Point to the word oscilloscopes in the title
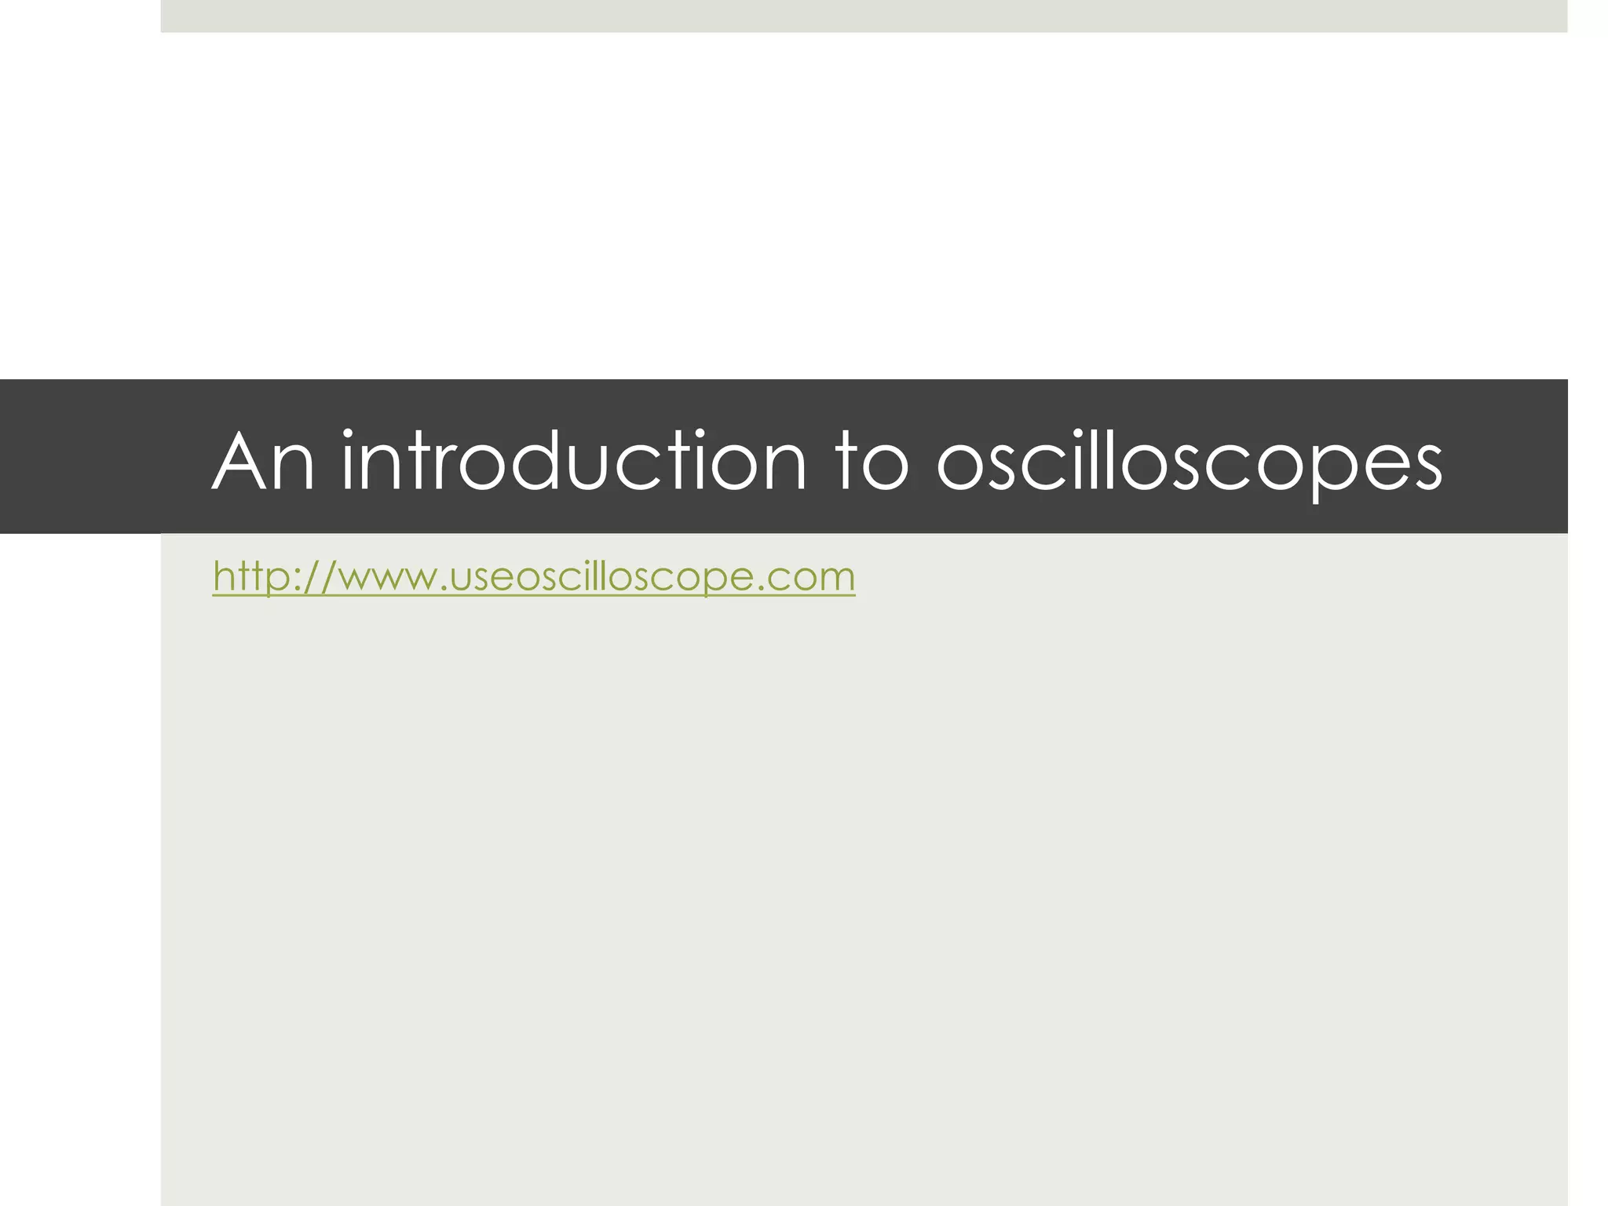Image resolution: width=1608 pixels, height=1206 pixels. (1190, 463)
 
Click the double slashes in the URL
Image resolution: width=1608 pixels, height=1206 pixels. (318, 577)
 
